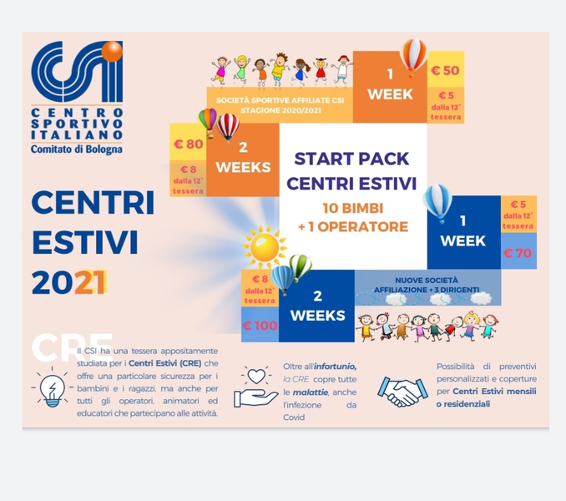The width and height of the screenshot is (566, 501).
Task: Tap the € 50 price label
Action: coord(444,70)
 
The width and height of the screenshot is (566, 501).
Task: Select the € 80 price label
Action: coord(187,144)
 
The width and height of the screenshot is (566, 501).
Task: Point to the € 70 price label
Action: coord(518,251)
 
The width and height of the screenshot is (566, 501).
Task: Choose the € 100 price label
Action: coord(260,325)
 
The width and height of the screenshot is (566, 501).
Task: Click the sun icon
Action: coord(264,247)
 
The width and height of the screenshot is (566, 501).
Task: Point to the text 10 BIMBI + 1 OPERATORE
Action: coord(353,217)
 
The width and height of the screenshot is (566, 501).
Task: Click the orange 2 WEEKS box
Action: coord(242,159)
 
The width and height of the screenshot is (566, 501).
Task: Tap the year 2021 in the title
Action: coord(70,282)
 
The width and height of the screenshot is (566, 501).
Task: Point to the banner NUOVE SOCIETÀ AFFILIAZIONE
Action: coord(427,286)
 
